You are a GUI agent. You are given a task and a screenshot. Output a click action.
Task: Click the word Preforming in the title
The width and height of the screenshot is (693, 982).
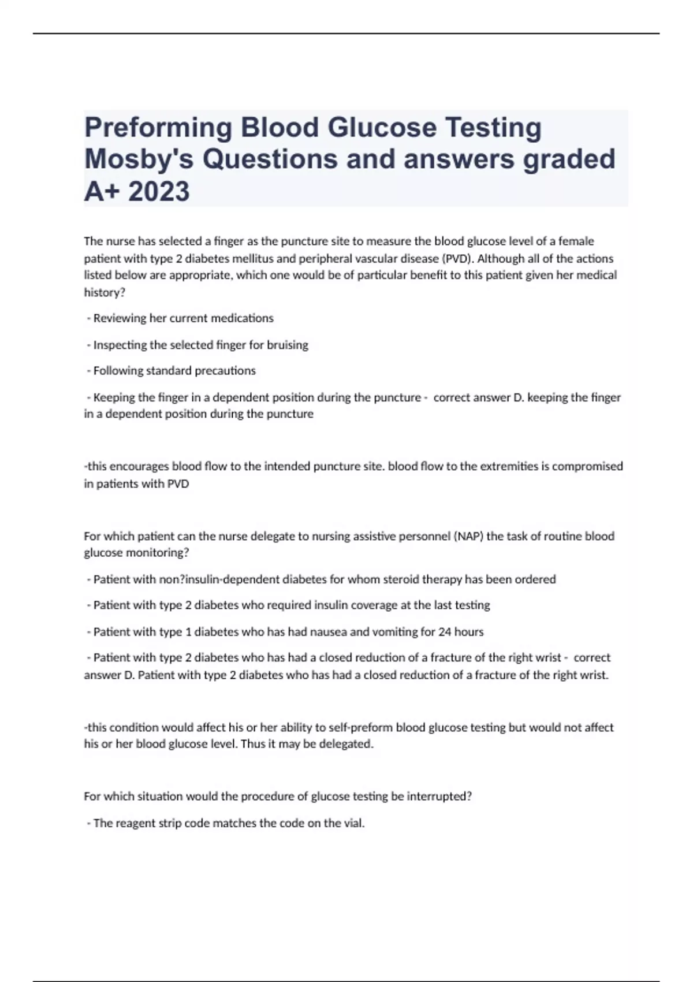[158, 128]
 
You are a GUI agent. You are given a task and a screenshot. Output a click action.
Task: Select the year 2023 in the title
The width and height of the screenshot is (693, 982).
[159, 191]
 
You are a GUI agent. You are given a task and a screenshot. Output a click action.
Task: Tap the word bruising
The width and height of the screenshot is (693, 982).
[287, 345]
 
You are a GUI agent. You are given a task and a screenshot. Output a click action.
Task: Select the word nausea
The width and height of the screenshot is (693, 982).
[329, 632]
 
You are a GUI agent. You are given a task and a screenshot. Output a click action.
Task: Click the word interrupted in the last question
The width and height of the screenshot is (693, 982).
[439, 797]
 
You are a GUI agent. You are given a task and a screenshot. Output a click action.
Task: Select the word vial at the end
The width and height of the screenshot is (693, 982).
[353, 823]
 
